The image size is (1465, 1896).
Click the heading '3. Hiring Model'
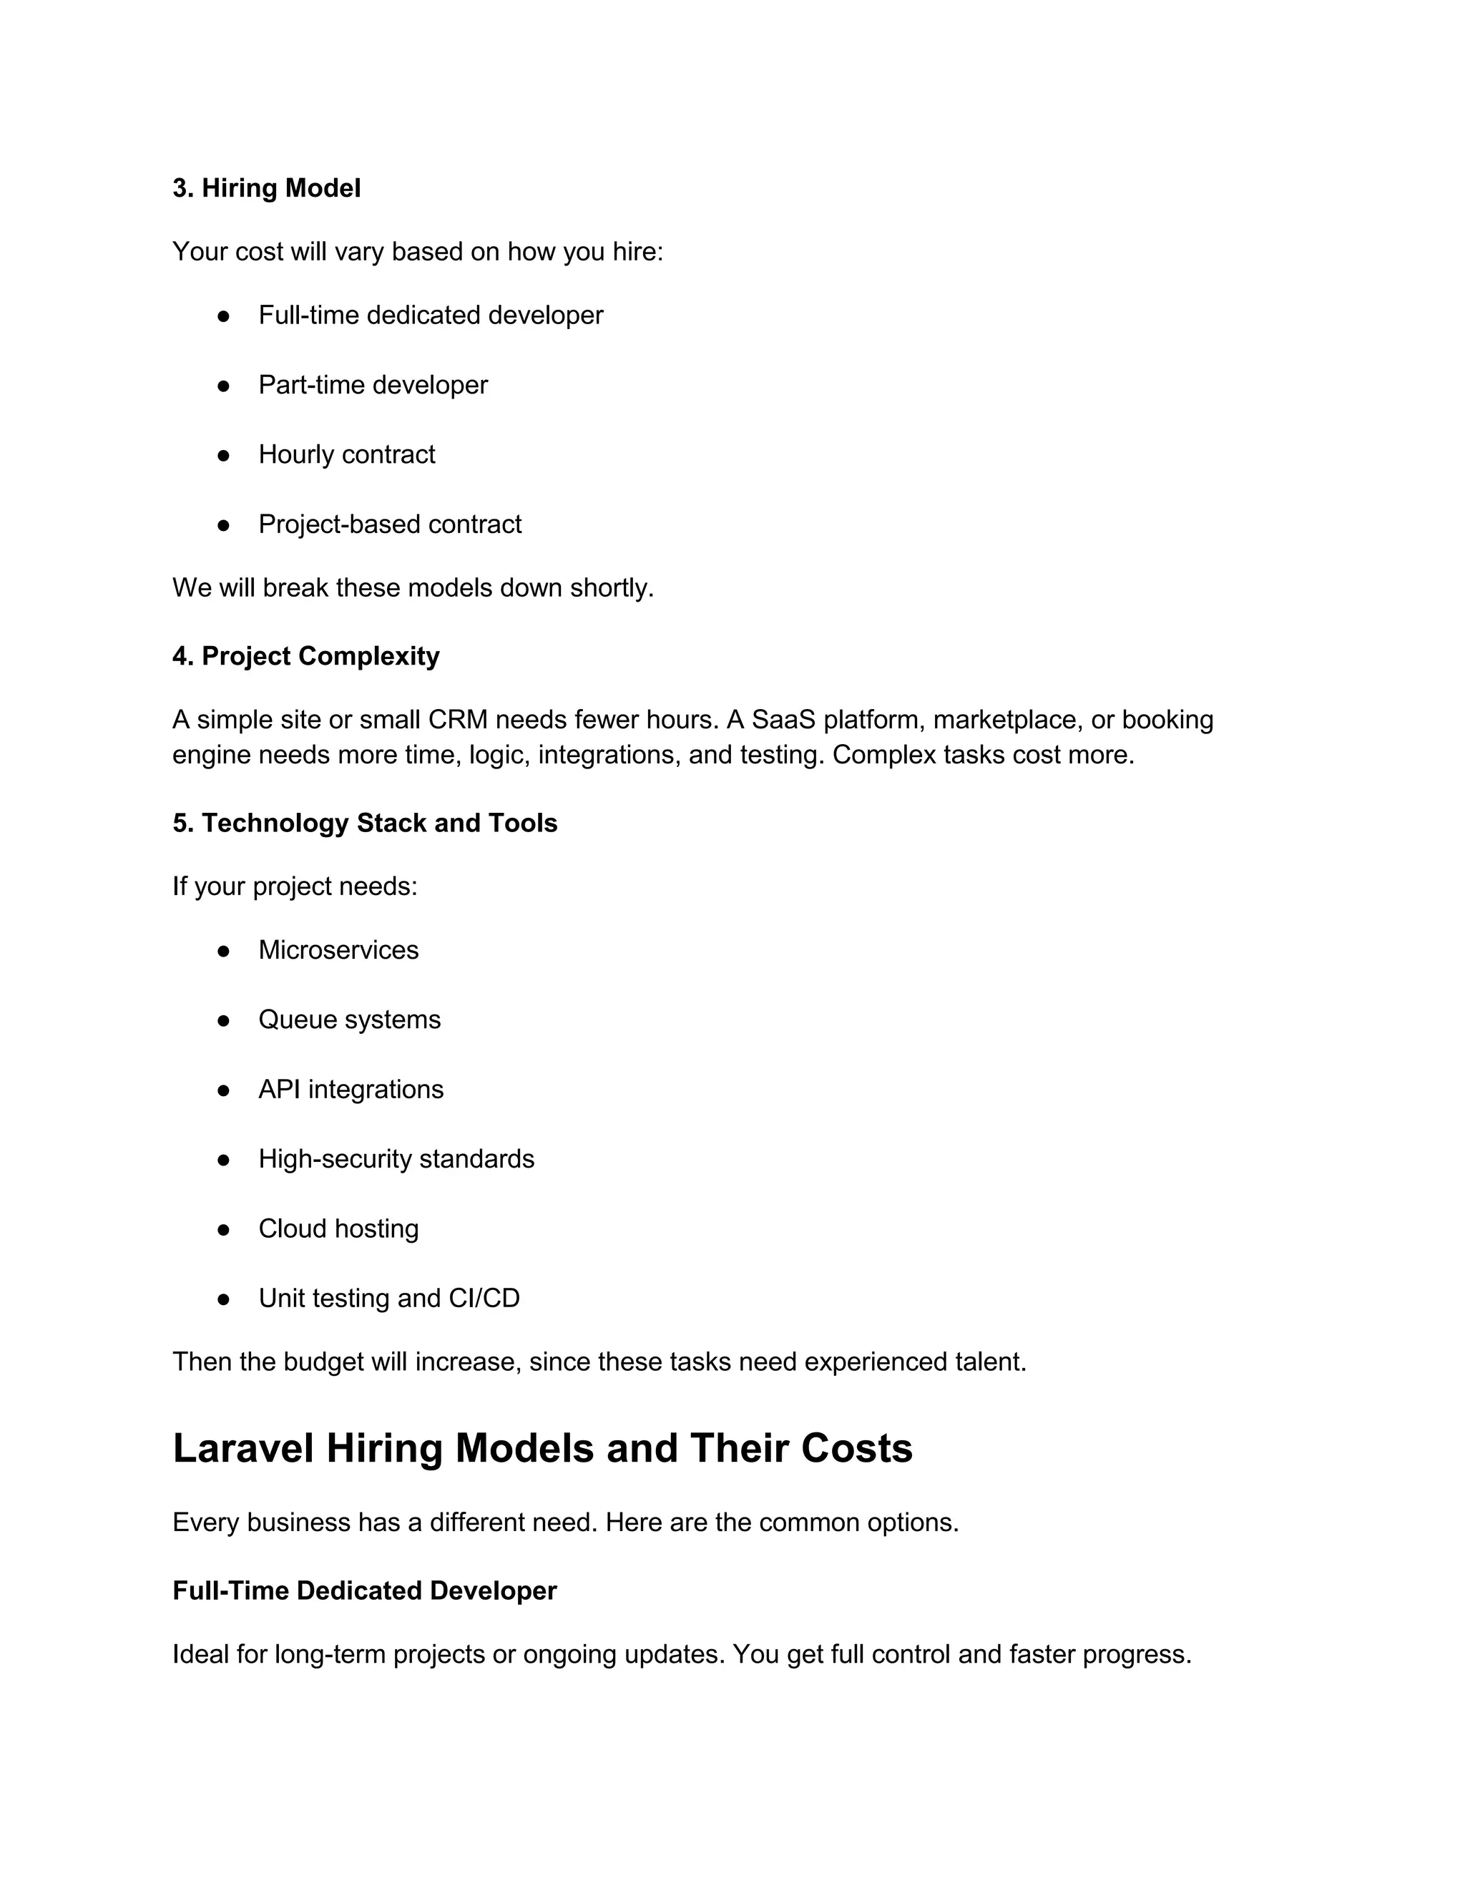[x=265, y=188]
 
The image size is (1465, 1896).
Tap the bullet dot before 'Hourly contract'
[x=223, y=455]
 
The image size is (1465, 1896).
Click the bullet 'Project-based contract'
[x=390, y=524]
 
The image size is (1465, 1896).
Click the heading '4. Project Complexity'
[x=305, y=656]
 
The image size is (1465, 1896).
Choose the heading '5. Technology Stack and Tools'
[x=365, y=823]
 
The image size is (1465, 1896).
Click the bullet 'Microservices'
[x=338, y=949]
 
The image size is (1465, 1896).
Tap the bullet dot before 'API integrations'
[x=223, y=1090]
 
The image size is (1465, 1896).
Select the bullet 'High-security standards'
[x=396, y=1159]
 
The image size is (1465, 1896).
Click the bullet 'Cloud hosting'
[x=338, y=1228]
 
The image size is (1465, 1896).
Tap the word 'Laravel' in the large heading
[x=243, y=1449]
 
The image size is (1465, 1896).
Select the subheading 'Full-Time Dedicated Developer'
[x=365, y=1590]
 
